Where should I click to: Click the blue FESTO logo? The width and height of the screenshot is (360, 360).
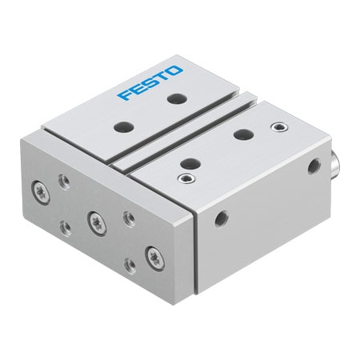coord(150,83)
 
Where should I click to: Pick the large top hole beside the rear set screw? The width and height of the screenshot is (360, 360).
coord(239,135)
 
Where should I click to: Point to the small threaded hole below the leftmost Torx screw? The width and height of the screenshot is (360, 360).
coord(65,227)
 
